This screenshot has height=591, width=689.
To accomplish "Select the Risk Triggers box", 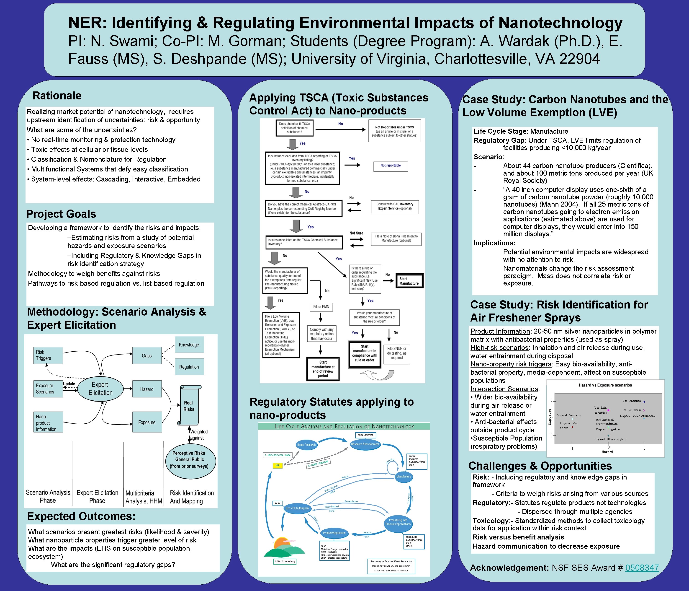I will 48,355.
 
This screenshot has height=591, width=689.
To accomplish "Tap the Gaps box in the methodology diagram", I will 147,356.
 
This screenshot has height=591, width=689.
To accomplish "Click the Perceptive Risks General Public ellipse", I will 189,460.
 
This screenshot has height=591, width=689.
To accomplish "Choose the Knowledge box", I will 189,345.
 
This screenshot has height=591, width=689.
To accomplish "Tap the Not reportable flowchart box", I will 390,166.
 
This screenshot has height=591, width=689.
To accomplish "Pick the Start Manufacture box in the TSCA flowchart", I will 409,281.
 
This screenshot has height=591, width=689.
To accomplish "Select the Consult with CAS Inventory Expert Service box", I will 395,206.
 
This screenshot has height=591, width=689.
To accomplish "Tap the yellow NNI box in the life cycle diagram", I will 277,465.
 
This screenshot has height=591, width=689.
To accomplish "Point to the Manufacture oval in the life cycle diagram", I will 403,477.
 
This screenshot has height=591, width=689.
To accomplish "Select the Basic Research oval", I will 306,445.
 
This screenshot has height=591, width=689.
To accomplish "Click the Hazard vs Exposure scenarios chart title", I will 605,385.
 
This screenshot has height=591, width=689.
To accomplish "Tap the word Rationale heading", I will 57,96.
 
